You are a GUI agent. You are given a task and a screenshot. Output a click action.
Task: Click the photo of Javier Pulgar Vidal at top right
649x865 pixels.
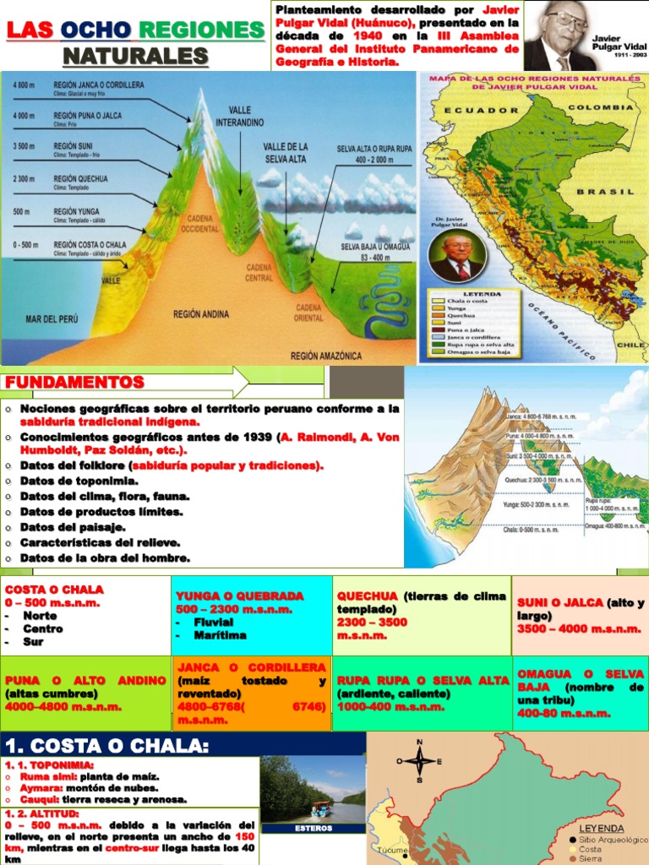(557, 35)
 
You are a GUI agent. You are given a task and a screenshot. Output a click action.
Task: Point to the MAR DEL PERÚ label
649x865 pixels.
(52, 319)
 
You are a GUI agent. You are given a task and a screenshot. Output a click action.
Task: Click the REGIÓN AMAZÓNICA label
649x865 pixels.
(326, 356)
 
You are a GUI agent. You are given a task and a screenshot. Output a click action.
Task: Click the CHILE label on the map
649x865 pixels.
(630, 345)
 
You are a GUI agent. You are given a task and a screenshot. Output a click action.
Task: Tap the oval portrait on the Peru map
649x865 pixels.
(457, 257)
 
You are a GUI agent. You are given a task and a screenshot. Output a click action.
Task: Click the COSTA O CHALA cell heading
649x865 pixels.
(54, 589)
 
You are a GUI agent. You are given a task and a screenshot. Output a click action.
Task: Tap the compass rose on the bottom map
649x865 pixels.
(417, 759)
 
